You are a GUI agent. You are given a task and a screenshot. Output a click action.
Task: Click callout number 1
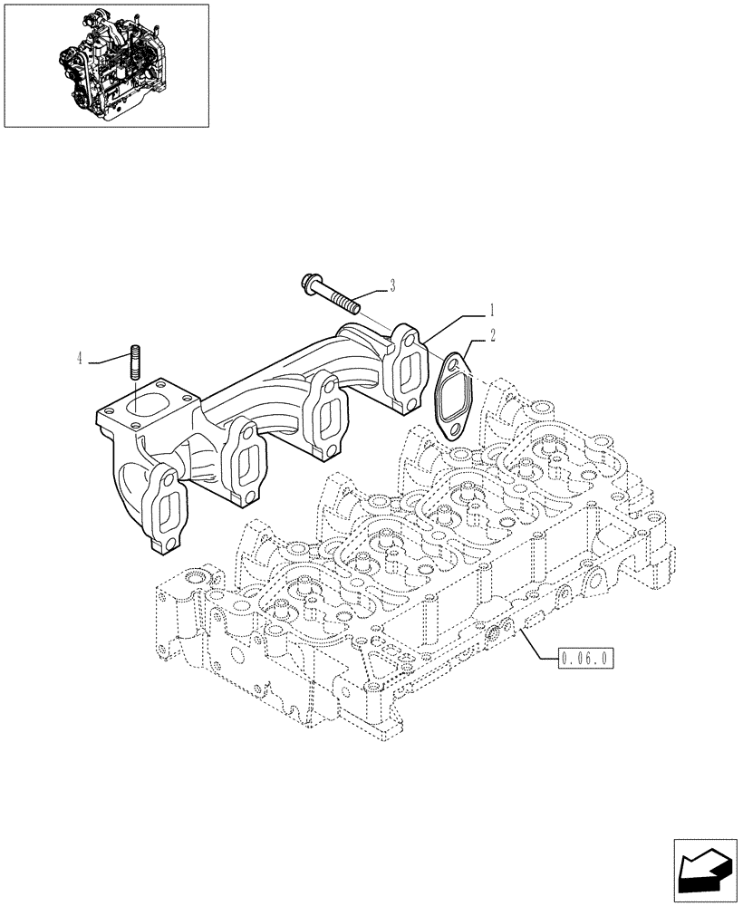[x=492, y=308]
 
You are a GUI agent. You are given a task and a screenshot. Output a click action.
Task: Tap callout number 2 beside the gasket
[x=492, y=334]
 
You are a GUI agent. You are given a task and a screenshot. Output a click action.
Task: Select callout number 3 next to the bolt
[x=391, y=286]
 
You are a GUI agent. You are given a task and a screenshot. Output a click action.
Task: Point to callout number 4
[x=81, y=360]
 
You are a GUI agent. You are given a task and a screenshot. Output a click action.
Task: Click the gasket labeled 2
[x=450, y=395]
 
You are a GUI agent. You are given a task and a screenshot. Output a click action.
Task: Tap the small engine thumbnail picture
[x=106, y=64]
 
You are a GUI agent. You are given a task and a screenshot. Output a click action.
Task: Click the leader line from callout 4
[x=109, y=360]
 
